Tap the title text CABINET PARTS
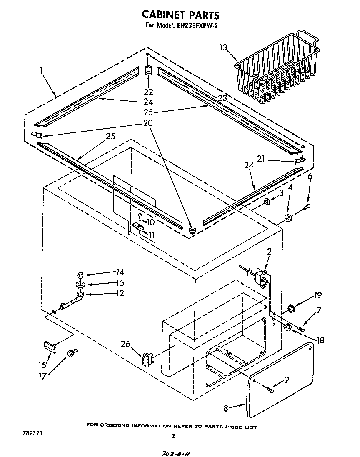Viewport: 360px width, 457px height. click(180, 15)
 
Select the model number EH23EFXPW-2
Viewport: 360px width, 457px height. click(198, 26)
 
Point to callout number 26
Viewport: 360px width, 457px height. click(125, 344)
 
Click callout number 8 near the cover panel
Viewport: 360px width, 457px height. click(226, 408)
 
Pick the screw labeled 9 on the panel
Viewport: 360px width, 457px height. click(271, 390)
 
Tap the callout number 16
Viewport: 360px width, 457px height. click(42, 365)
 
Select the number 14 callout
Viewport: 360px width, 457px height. click(120, 272)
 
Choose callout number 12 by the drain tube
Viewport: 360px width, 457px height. click(120, 294)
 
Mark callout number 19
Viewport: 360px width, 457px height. click(318, 296)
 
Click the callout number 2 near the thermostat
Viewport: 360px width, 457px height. click(269, 251)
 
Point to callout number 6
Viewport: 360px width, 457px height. click(310, 176)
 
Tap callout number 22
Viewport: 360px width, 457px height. click(148, 92)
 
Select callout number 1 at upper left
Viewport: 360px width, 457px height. click(42, 71)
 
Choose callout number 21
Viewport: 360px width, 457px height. click(261, 159)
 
